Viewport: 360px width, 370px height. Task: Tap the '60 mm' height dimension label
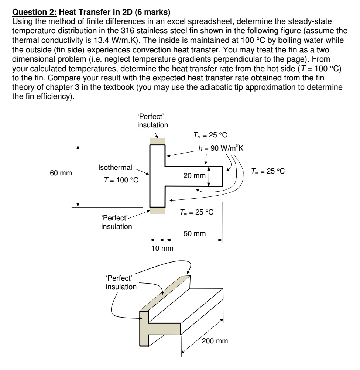click(61, 173)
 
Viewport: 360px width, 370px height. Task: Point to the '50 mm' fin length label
click(195, 233)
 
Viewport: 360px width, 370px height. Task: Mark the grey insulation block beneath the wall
click(157, 210)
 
